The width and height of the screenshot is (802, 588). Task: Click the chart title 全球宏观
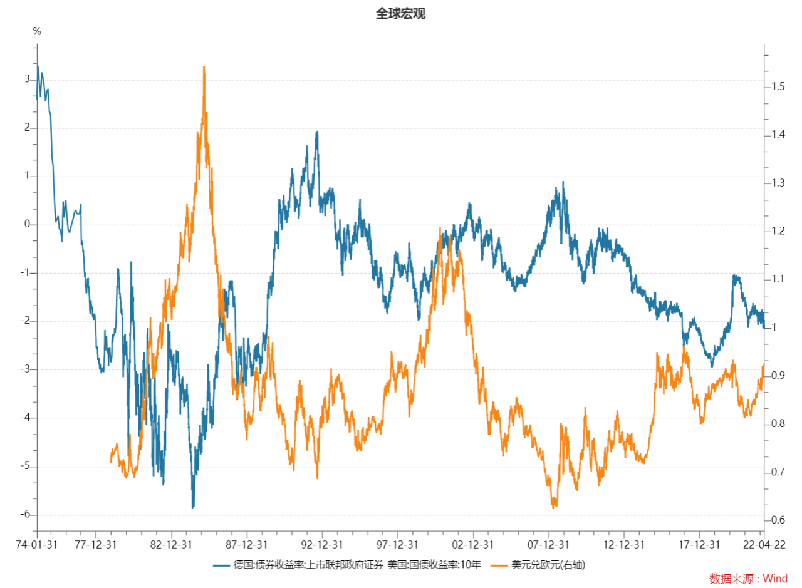point(400,14)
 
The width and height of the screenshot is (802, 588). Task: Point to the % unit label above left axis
point(37,31)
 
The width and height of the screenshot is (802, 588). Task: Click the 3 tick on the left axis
point(26,80)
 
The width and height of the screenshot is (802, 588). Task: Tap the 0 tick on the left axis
point(26,225)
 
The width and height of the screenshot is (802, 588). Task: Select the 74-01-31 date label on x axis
point(36,544)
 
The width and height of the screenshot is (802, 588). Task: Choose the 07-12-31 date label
point(549,544)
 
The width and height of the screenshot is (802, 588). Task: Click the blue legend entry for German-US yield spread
point(348,565)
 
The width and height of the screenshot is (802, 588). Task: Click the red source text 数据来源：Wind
point(748,579)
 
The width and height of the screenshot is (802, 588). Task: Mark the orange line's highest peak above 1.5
point(204,67)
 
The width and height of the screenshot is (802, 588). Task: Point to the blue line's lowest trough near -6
point(193,508)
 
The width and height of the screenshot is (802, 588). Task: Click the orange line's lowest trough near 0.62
point(554,507)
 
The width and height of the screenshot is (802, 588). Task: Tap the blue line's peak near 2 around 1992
point(317,132)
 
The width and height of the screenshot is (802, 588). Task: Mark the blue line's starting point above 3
point(38,67)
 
